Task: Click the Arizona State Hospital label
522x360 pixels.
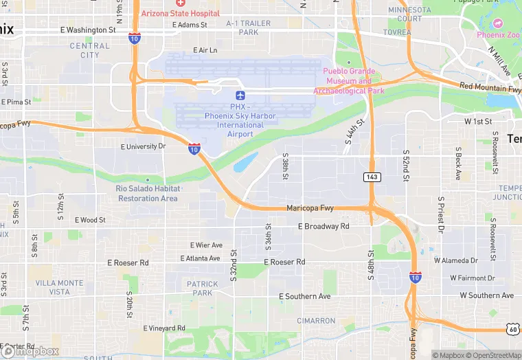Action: [180, 14]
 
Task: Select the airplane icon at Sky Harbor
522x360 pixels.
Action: [240, 95]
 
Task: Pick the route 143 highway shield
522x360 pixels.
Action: [372, 177]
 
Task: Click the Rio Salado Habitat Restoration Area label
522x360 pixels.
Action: [148, 193]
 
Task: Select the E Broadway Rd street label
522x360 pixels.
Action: [324, 226]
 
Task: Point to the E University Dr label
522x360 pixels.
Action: [144, 146]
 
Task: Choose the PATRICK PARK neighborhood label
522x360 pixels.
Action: [203, 288]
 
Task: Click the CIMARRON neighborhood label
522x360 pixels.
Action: [316, 321]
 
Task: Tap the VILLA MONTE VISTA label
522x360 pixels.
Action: [59, 287]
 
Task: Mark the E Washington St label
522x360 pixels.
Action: [88, 30]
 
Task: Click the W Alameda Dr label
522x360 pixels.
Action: [455, 260]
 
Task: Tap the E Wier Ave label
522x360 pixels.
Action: [206, 245]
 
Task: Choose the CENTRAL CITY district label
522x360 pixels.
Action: [89, 50]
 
